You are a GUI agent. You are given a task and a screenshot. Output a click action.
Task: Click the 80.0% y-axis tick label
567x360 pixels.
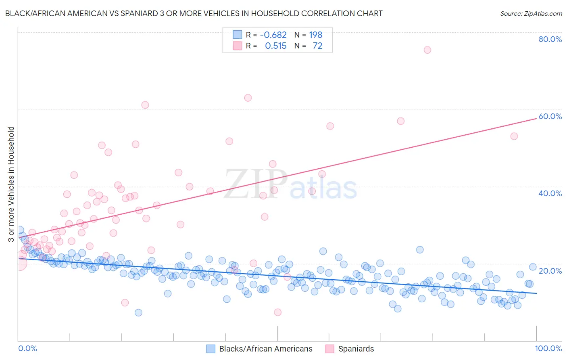550,39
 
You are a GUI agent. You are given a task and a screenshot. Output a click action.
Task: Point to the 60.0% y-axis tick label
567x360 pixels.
550,116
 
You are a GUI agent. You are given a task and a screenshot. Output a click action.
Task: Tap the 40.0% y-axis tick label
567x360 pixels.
550,193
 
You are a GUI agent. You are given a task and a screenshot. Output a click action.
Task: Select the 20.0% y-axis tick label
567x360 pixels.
550,270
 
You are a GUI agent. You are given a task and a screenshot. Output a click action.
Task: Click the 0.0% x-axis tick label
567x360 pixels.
27,348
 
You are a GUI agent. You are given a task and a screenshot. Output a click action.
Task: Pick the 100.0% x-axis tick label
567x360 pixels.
548,348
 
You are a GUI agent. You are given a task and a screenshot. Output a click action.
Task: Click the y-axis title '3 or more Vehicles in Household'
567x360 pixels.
11,184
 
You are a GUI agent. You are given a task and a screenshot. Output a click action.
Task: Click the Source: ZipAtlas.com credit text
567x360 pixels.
531,13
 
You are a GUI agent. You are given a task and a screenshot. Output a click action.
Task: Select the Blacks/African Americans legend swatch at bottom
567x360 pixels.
211,349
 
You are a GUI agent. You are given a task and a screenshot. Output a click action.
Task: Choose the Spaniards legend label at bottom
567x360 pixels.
356,349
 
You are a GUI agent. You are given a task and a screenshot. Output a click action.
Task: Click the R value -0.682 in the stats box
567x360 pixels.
273,35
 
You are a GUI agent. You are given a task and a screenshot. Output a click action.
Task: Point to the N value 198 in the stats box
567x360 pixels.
315,35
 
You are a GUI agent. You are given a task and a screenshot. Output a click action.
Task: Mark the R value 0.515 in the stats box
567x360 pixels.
275,46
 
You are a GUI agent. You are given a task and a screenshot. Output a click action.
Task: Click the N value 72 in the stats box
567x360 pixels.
317,46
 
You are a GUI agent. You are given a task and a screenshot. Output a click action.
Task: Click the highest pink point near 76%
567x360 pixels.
427,50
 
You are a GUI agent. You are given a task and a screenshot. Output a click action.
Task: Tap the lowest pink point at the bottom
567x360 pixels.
277,312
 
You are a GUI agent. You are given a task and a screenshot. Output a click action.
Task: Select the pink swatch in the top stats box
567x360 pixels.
238,46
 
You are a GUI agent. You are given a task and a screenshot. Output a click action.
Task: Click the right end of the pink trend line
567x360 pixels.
536,118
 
